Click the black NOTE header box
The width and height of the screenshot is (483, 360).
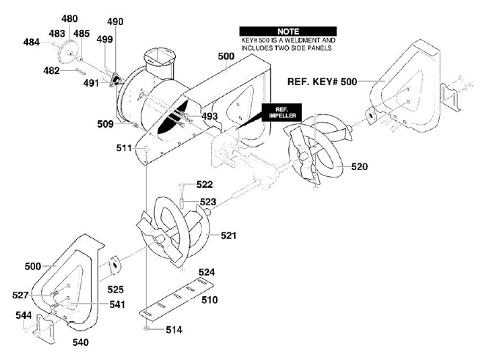tap(288, 32)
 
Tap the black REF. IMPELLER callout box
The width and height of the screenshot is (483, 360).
tap(282, 113)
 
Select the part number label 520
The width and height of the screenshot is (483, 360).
tap(359, 166)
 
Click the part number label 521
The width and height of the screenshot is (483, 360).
tap(229, 236)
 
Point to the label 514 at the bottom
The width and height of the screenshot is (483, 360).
tap(174, 330)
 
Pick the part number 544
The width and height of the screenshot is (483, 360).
tap(23, 315)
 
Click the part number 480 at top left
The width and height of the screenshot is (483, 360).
tap(70, 19)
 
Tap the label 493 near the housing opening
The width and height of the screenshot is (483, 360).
tap(210, 116)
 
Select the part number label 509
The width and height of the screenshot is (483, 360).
tap(106, 124)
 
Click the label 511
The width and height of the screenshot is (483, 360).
tap(124, 148)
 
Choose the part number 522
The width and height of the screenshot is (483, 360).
tap(204, 184)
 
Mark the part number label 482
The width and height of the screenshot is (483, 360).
tap(51, 71)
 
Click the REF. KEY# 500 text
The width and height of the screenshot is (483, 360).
tap(322, 81)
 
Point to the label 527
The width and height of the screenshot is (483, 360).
tap(21, 295)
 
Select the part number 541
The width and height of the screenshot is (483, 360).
tap(117, 304)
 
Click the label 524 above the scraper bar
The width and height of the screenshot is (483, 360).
tap(207, 272)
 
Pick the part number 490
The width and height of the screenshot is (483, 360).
tap(115, 21)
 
